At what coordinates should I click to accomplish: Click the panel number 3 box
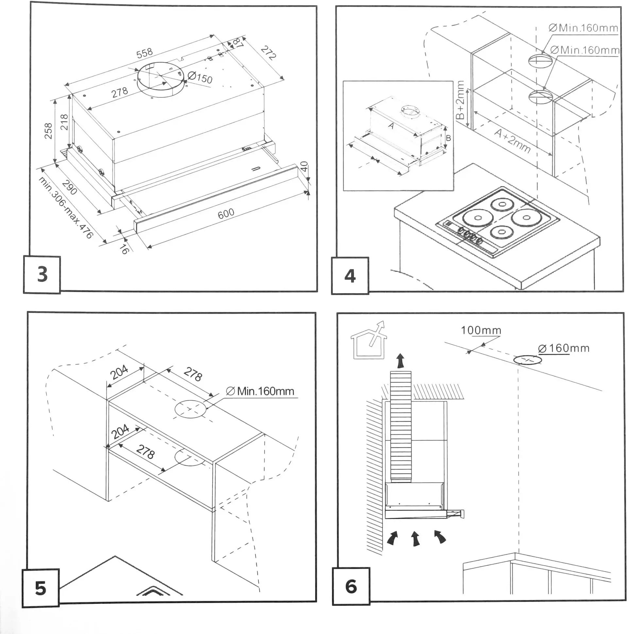(x=42, y=275)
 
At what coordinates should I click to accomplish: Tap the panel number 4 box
(x=350, y=275)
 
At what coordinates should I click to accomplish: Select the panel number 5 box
(x=41, y=588)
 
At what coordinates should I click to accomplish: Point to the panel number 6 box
(x=351, y=586)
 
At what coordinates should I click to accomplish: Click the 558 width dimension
(x=144, y=53)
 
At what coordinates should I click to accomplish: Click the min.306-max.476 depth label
(x=66, y=208)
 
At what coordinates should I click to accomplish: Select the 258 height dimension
(x=48, y=131)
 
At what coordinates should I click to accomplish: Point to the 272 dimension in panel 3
(x=268, y=54)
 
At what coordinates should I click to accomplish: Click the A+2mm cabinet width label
(x=513, y=142)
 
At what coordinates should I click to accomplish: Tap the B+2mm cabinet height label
(x=461, y=100)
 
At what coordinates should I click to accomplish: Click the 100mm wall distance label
(x=481, y=330)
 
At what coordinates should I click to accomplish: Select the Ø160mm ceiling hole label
(x=564, y=348)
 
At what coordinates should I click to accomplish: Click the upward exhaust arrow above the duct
(x=400, y=361)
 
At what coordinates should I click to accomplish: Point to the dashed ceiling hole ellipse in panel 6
(x=527, y=360)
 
